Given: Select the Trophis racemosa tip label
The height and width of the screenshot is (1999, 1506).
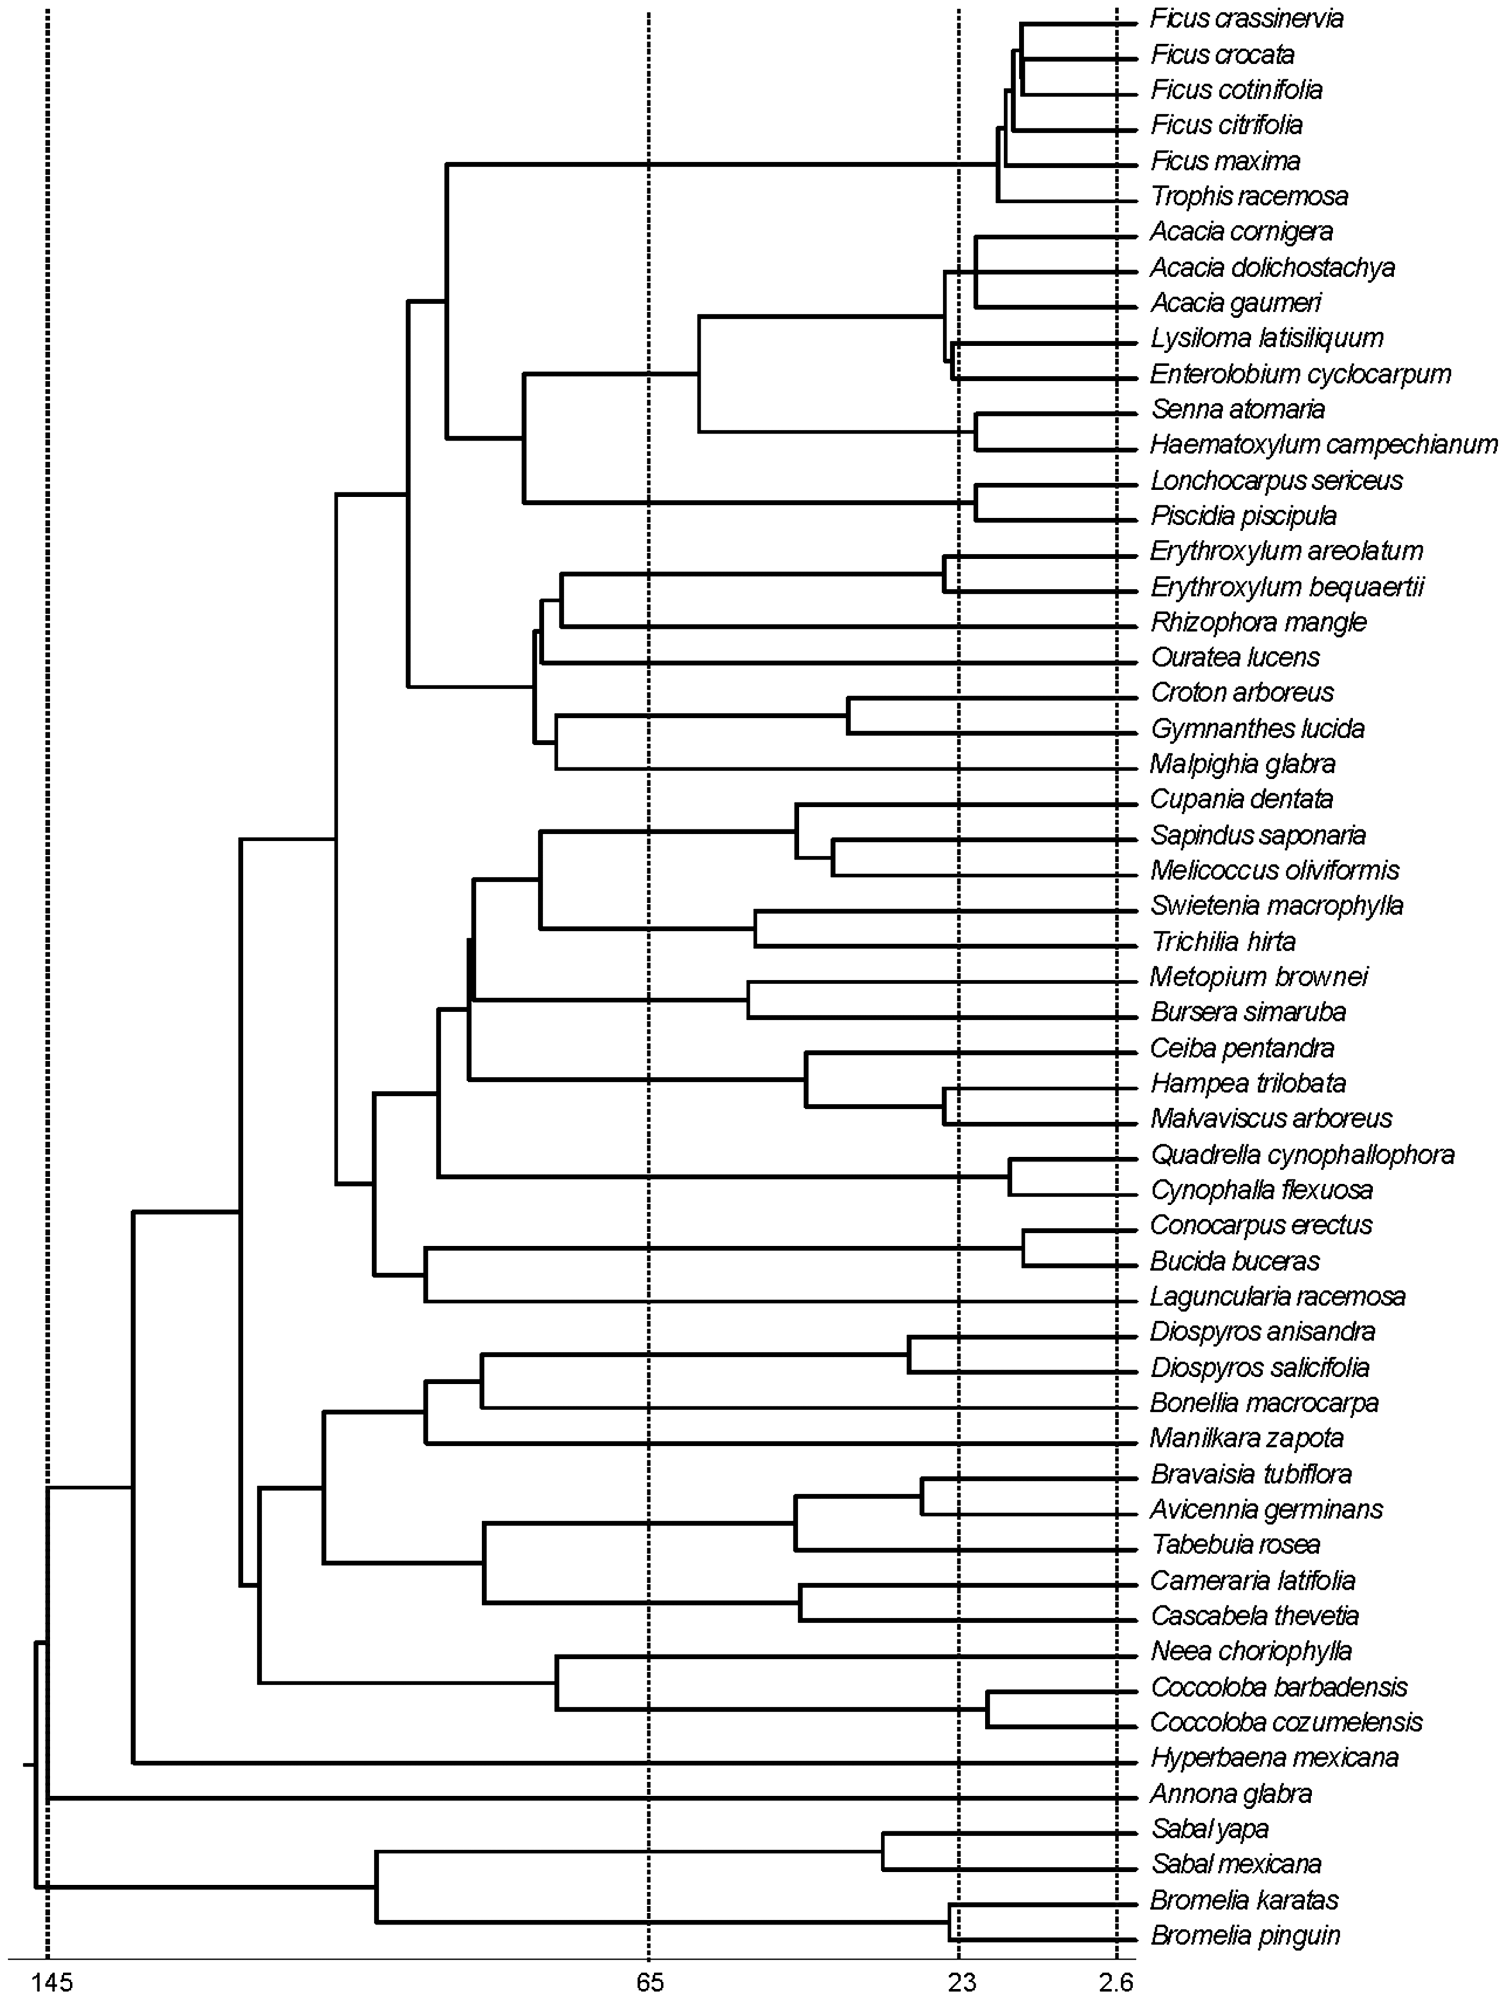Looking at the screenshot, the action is click(1249, 196).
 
